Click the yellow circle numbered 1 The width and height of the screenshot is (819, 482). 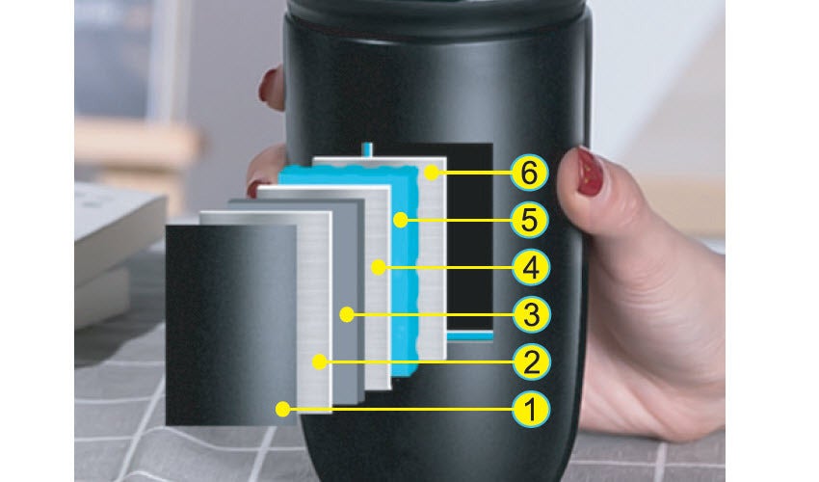531,409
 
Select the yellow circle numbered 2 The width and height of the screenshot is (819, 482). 531,361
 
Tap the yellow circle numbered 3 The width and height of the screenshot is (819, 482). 531,314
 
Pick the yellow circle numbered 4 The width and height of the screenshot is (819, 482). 531,268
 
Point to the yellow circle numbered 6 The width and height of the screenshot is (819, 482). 529,174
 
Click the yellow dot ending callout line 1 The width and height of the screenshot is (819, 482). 282,409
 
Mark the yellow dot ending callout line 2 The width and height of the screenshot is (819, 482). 320,361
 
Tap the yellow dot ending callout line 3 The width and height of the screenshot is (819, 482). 347,314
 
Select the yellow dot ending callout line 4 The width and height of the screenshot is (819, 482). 379,268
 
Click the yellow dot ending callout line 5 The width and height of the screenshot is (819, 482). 401,220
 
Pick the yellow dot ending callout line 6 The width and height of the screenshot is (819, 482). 432,174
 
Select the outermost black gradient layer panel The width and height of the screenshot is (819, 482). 231,325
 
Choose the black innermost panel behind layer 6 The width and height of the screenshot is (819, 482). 470,237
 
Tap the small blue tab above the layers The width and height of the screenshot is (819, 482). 368,149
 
